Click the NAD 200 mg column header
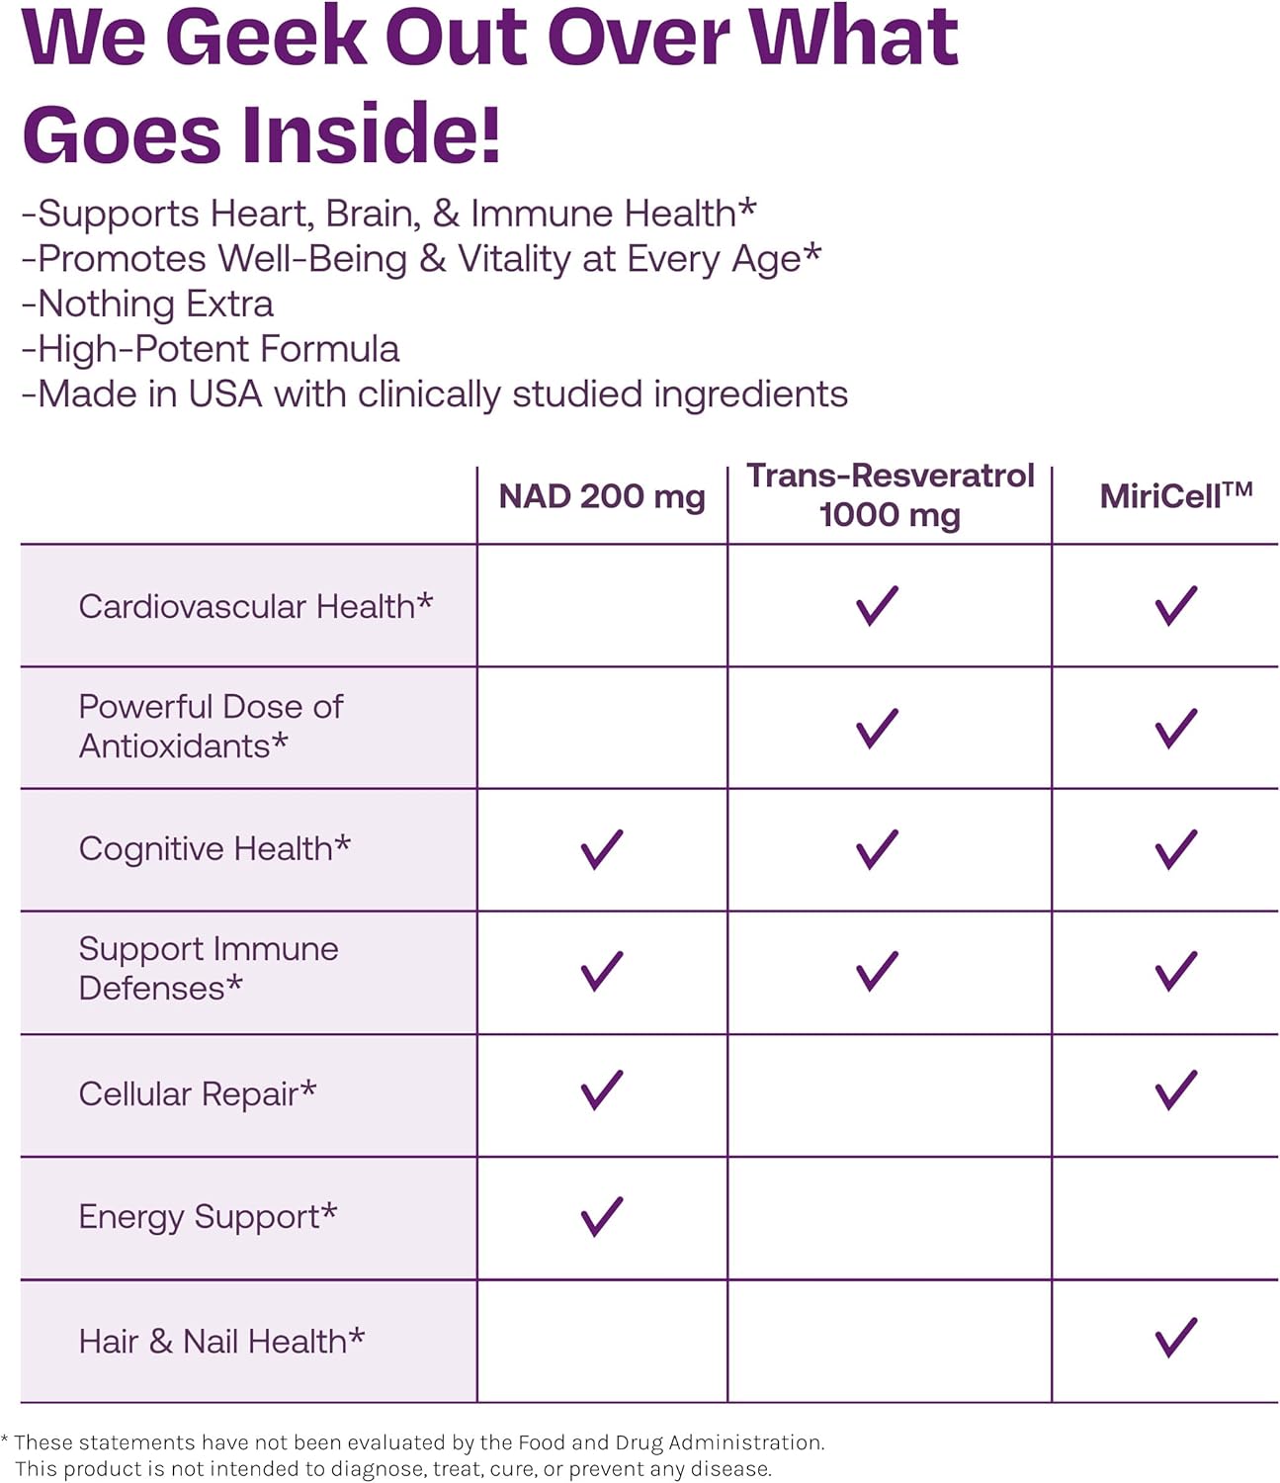tap(602, 496)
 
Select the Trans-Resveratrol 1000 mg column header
tap(890, 494)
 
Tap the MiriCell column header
tap(1175, 495)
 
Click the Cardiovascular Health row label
tap(256, 606)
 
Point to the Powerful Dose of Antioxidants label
tap(211, 727)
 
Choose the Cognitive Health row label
tap(214, 848)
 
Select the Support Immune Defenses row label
tap(209, 968)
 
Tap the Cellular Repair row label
tap(198, 1093)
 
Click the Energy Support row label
tap(208, 1216)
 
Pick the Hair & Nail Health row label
tap(221, 1341)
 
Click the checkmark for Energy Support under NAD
tap(602, 1216)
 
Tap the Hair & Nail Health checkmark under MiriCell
tap(1175, 1338)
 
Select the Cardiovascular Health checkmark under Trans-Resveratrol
tap(877, 605)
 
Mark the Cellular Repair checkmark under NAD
tap(602, 1090)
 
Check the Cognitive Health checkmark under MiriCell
tap(1175, 849)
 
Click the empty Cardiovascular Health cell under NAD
tap(602, 605)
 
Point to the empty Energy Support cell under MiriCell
tap(1165, 1218)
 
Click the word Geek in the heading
tap(272, 37)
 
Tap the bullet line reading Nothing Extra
tap(148, 304)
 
